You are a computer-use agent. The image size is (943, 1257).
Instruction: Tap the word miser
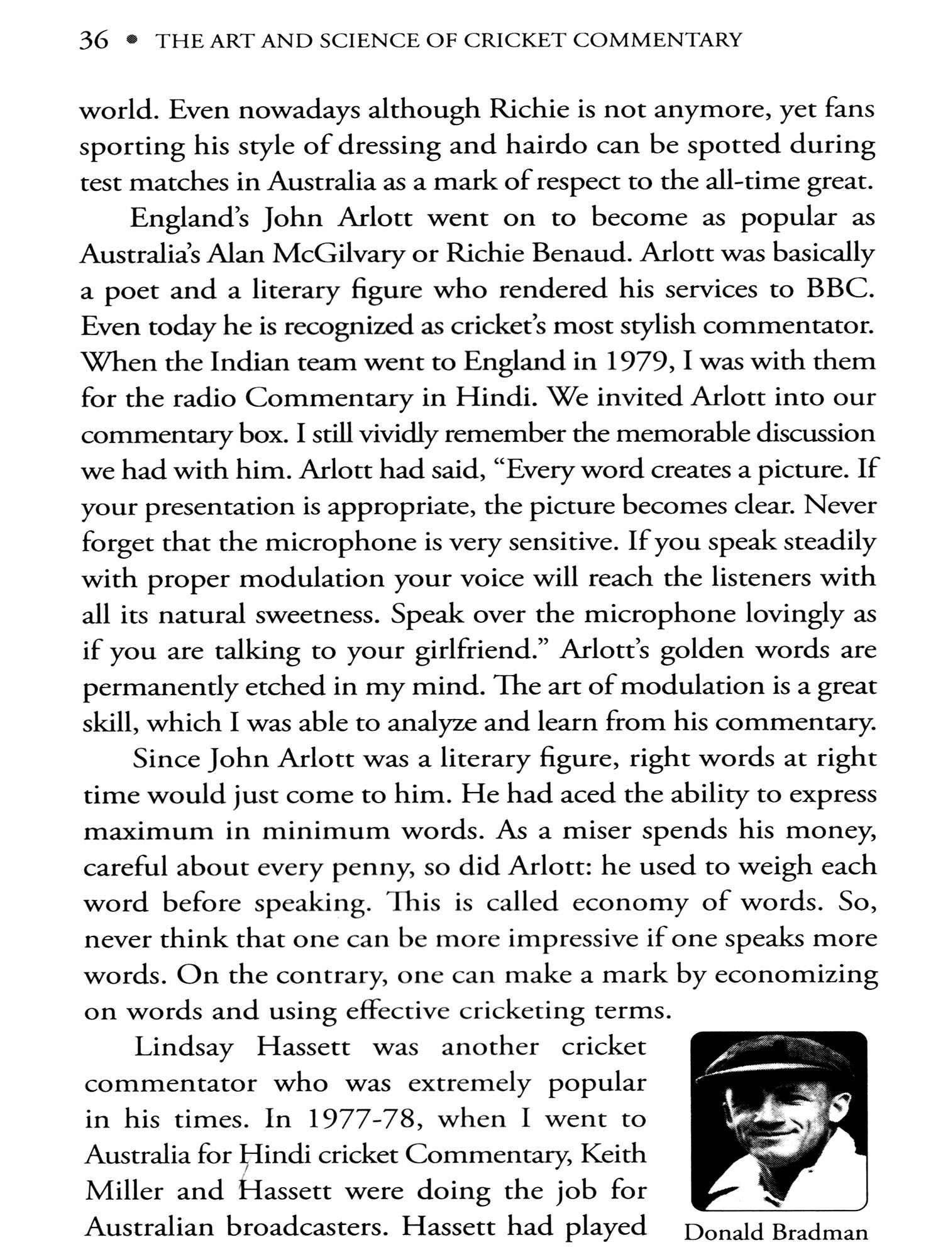[x=596, y=831]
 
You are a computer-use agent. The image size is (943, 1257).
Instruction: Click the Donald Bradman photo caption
[x=776, y=1232]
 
